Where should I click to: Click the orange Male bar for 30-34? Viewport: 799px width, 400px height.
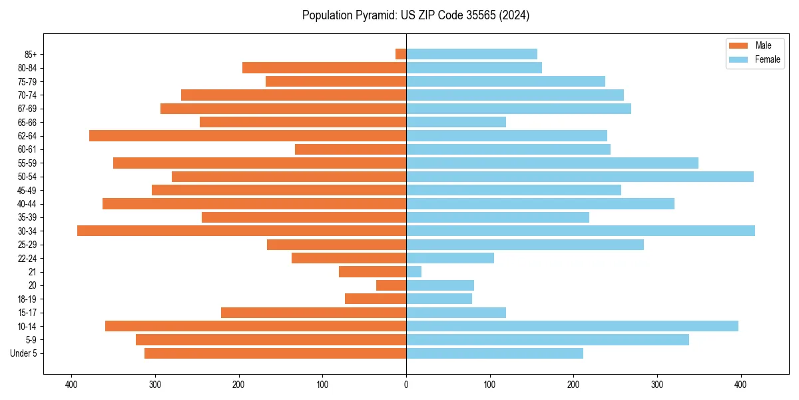point(242,231)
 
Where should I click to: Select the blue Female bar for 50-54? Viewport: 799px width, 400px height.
point(579,177)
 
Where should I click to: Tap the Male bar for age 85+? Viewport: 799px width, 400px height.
point(401,54)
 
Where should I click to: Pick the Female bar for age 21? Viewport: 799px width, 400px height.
point(413,272)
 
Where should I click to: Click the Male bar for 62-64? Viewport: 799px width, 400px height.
point(248,136)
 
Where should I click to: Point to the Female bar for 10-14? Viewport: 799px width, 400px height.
point(572,326)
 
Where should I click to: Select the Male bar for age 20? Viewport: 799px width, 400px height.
point(391,285)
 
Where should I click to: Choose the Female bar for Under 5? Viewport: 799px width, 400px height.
point(495,353)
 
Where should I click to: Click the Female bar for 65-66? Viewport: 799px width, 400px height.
point(456,122)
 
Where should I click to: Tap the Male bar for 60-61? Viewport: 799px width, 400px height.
point(350,149)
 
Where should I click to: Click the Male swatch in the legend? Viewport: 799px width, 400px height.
point(738,45)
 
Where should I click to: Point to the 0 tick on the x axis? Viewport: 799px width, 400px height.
point(406,385)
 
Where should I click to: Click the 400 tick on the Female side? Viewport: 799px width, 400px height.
point(741,385)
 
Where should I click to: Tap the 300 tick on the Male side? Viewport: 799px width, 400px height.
point(155,385)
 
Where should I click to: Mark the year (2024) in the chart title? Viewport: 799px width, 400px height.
point(514,15)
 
